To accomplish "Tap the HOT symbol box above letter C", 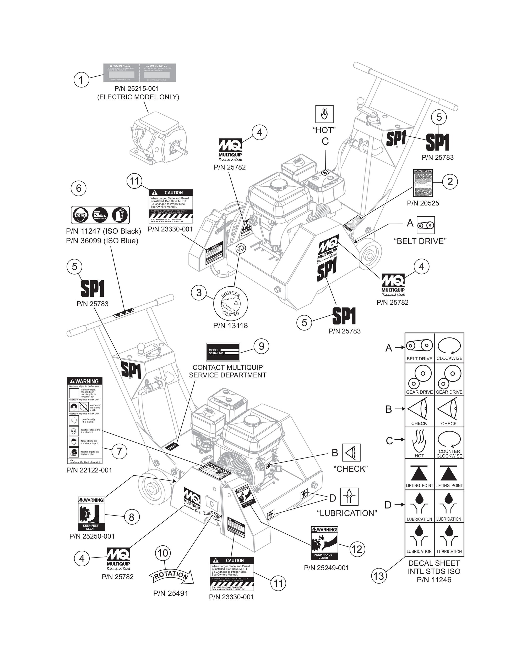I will pos(324,114).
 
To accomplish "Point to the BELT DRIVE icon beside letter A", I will pos(425,225).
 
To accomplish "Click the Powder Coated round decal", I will pos(231,304).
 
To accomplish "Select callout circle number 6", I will pos(79,188).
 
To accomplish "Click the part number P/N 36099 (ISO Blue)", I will pos(102,241).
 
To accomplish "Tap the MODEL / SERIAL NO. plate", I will pos(223,352).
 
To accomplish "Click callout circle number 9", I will pos(261,346).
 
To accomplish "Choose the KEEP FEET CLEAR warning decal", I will pos(91,513).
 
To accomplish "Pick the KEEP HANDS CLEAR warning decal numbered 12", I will pos(324,543).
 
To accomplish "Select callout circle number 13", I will pos(379,576).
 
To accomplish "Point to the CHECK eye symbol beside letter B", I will pos(351,453).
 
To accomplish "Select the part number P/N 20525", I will pos(423,203).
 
